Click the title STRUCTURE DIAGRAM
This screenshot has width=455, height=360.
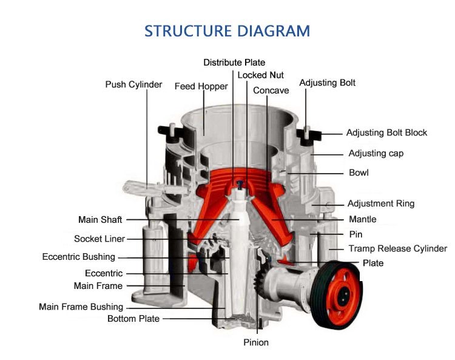click(x=227, y=31)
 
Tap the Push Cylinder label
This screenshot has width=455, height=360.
click(x=133, y=84)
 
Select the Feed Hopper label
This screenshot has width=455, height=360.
click(x=201, y=86)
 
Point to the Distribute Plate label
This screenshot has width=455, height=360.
click(x=234, y=62)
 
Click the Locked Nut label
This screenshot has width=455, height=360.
click(x=261, y=75)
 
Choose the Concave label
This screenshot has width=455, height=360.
click(x=271, y=90)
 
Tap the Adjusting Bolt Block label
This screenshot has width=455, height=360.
click(x=386, y=132)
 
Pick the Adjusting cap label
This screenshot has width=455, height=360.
click(x=376, y=153)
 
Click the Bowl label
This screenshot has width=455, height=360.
click(x=359, y=173)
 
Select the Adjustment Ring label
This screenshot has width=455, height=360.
click(x=380, y=203)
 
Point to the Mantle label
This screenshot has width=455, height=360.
click(x=362, y=219)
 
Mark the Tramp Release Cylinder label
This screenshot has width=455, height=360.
click(x=397, y=248)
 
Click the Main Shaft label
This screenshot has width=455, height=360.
click(x=100, y=220)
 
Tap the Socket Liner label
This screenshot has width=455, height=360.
click(x=99, y=239)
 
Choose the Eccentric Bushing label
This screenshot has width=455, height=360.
click(x=78, y=257)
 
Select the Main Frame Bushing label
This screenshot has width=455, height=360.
click(x=81, y=307)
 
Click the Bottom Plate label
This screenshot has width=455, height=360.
click(x=133, y=319)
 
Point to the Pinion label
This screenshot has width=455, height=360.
click(x=256, y=342)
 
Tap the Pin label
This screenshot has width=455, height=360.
click(x=356, y=234)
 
